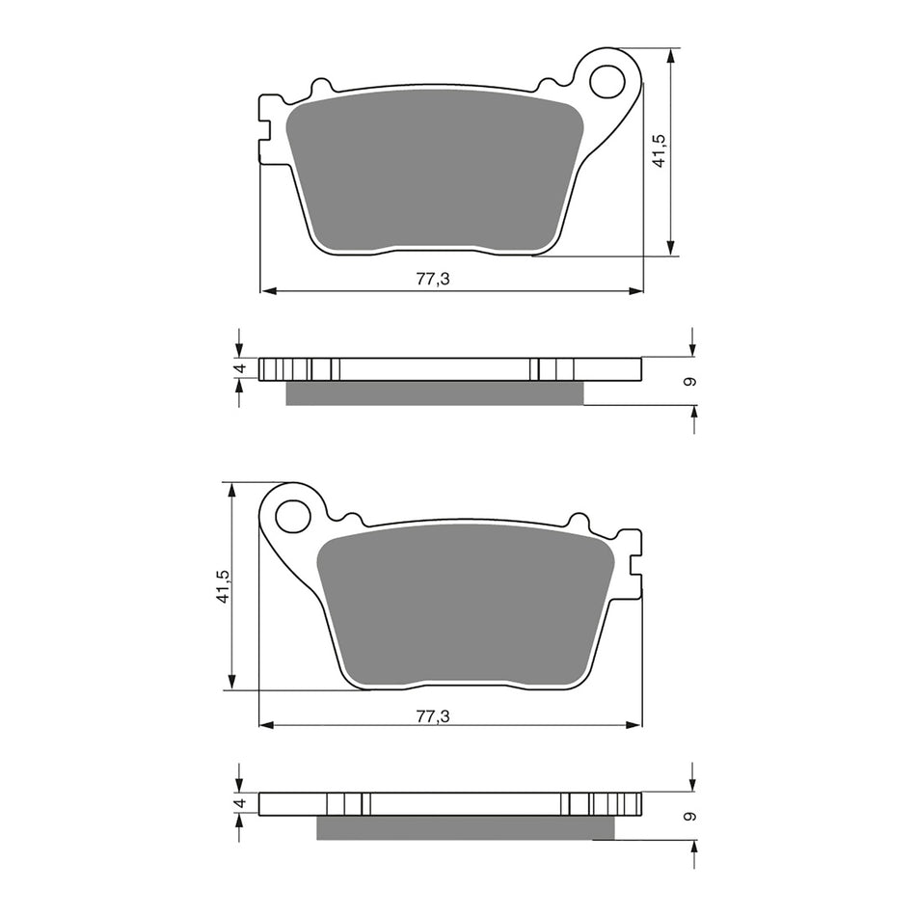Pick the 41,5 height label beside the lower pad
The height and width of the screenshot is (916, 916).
[x=223, y=586]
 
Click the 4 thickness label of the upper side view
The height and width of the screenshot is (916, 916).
[x=242, y=368]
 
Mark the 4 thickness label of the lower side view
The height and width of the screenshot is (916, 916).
[x=242, y=802]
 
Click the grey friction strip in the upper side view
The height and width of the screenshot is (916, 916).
[x=435, y=392]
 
